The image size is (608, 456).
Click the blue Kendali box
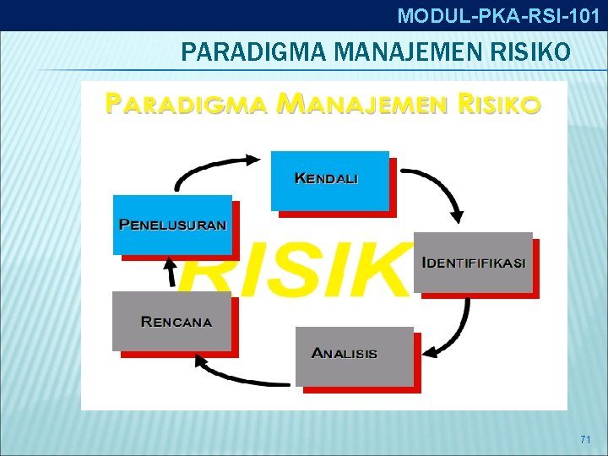[x=329, y=180]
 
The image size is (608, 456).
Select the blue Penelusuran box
[x=172, y=225]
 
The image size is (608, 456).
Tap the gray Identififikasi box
[x=473, y=262]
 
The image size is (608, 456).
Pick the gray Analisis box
[x=354, y=356]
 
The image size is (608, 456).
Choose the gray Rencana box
[x=171, y=321]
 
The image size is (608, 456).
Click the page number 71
[x=586, y=440]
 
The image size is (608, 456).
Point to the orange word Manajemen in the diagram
[x=364, y=104]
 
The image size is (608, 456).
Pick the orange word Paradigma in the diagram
[x=185, y=104]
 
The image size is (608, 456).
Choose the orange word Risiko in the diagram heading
[x=497, y=104]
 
